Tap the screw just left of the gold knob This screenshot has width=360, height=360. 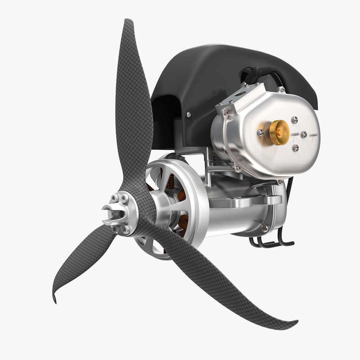261,132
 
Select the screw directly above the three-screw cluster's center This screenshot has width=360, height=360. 294,120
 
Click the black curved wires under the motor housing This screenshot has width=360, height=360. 270,243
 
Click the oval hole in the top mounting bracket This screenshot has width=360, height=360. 240,94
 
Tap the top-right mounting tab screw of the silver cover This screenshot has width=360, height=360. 282,90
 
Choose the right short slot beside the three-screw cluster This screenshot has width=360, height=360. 314,135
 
